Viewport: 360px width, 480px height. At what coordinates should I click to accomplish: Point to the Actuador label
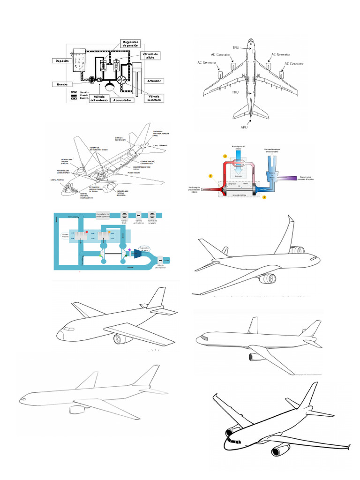click(x=155, y=81)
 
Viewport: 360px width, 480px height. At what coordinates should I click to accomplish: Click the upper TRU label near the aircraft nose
click(x=236, y=48)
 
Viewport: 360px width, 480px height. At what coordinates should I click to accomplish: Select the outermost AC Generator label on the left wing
click(x=206, y=62)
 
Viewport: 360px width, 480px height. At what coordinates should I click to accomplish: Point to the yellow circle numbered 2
click(x=225, y=156)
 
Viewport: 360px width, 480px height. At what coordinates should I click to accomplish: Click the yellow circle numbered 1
click(x=211, y=176)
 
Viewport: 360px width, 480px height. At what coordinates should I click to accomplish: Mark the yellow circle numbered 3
click(x=264, y=197)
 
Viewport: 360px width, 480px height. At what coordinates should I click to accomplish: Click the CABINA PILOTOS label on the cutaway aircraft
click(x=57, y=180)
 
